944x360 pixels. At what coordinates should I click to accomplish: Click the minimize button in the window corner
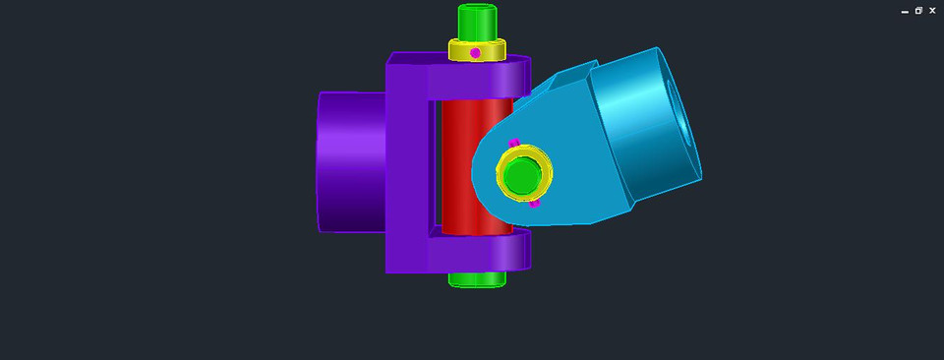(905, 11)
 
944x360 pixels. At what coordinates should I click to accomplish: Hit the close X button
(932, 10)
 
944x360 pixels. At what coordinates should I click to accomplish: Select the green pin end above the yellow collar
(478, 20)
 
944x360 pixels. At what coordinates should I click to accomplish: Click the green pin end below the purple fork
(477, 278)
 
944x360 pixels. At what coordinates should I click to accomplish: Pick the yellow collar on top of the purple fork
(492, 50)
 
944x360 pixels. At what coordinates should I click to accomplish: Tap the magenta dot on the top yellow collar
(475, 52)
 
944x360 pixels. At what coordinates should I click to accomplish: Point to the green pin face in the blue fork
(523, 175)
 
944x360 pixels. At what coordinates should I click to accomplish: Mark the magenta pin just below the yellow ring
(535, 203)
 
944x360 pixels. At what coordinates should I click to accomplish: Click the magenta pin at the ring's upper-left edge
(513, 143)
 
